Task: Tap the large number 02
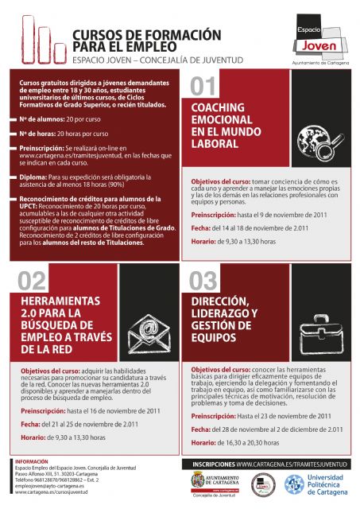point(32,280)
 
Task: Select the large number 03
point(204,280)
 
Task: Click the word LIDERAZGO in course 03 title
point(223,313)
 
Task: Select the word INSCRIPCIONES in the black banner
point(209,462)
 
